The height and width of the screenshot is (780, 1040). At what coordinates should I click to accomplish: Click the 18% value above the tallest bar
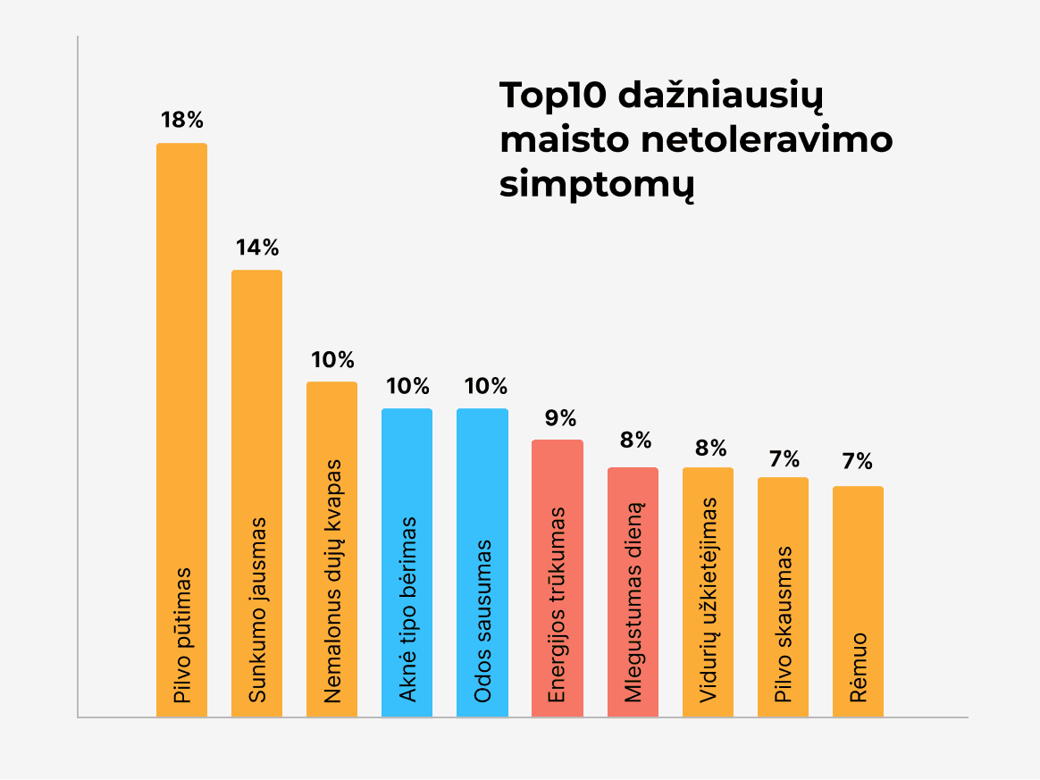tap(182, 120)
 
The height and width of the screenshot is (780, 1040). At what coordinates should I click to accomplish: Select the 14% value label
tap(257, 247)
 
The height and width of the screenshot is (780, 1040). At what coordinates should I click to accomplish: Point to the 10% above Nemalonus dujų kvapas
tap(332, 360)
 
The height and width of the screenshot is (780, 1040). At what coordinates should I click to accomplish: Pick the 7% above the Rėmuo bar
tap(858, 462)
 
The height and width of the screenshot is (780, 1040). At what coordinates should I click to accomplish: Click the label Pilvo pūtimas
tap(182, 634)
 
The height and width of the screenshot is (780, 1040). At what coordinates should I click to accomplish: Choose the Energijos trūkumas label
tap(558, 605)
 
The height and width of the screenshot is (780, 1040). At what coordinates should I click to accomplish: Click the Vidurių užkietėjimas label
tap(708, 600)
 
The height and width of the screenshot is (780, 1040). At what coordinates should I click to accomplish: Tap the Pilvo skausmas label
tap(783, 625)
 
